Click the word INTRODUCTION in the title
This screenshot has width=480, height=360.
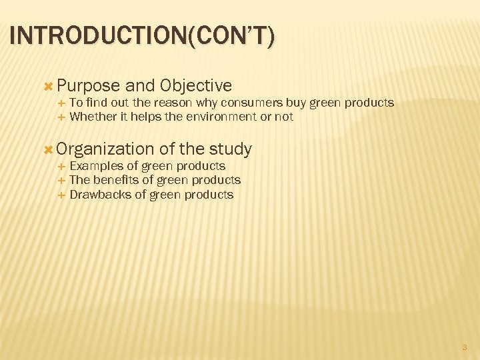click(98, 35)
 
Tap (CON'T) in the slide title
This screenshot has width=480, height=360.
click(229, 35)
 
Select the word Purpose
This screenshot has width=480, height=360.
click(89, 86)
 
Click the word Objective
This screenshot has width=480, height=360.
click(196, 86)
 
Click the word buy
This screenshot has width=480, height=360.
click(294, 103)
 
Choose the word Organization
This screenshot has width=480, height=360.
click(106, 149)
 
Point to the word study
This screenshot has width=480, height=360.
click(230, 149)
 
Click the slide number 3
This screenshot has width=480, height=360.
click(465, 347)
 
